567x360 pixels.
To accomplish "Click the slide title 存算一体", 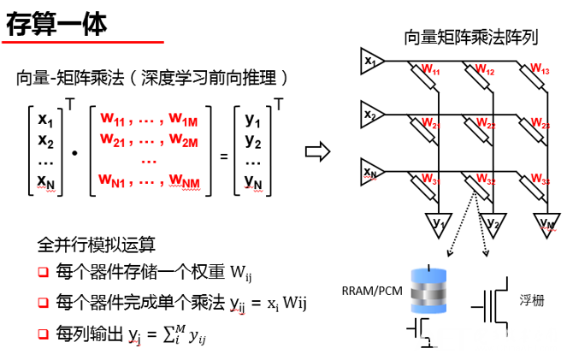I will pyautogui.click(x=57, y=24).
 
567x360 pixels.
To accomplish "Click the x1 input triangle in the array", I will pyautogui.click(x=370, y=62).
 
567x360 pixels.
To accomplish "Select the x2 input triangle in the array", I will pyautogui.click(x=370, y=115).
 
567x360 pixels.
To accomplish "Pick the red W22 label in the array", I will pyautogui.click(x=486, y=125).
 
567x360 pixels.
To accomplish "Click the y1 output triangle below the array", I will pyautogui.click(x=438, y=223).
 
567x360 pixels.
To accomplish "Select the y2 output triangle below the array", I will pyautogui.click(x=492, y=223).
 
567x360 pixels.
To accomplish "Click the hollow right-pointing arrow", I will pyautogui.click(x=317, y=152).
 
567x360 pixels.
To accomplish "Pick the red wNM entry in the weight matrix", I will pyautogui.click(x=184, y=180).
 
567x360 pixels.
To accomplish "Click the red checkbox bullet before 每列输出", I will pyautogui.click(x=43, y=330).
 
